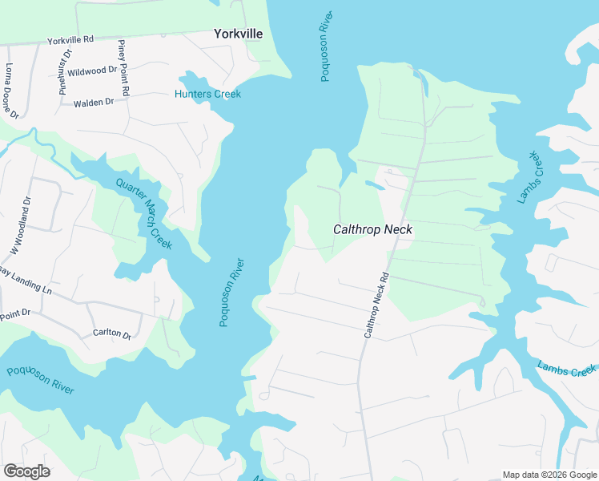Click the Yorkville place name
pyautogui.click(x=238, y=34)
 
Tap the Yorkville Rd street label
pyautogui.click(x=70, y=38)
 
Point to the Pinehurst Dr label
pyautogui.click(x=65, y=71)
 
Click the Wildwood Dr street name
pyautogui.click(x=92, y=71)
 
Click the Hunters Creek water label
pyautogui.click(x=207, y=94)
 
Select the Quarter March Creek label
pyautogui.click(x=143, y=212)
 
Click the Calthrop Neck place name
pyautogui.click(x=372, y=229)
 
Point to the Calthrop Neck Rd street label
pyautogui.click(x=376, y=305)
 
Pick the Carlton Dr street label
pyautogui.click(x=111, y=333)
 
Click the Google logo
pyautogui.click(x=26, y=471)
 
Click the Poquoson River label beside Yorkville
pyautogui.click(x=325, y=46)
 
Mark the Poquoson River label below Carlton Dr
pyautogui.click(x=40, y=381)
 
